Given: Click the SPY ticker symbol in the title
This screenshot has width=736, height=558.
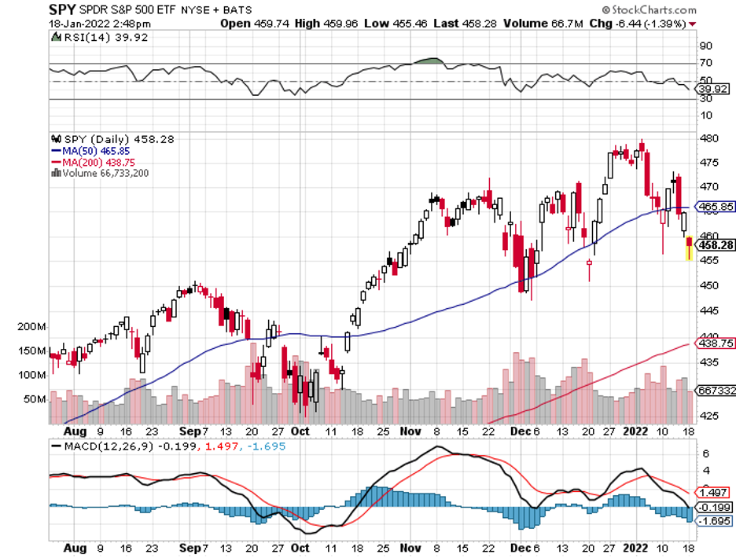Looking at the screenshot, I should pos(62,10).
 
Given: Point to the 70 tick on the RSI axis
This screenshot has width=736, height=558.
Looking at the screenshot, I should pos(706,63).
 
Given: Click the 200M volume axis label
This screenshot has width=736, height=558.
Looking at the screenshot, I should pos(32,325).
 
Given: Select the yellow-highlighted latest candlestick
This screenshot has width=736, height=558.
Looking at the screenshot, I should pos(690,248).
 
